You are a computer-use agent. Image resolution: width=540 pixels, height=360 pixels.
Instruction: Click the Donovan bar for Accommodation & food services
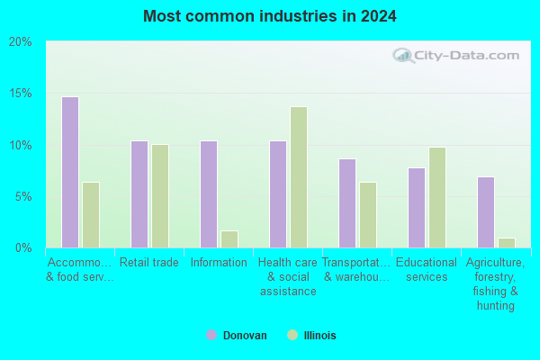[70, 172]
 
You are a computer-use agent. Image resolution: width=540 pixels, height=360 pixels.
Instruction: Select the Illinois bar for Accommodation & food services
[91, 215]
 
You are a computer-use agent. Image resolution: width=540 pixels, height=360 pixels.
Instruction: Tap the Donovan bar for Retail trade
[139, 194]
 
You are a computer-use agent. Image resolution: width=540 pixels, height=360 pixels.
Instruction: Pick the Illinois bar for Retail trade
[160, 196]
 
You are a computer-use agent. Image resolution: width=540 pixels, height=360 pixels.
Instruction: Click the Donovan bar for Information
[209, 194]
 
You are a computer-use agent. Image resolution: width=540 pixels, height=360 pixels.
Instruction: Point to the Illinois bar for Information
[229, 239]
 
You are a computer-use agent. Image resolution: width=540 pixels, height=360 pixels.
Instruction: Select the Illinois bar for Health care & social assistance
[299, 177]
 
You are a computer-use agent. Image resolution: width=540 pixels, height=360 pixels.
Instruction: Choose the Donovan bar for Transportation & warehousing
[347, 203]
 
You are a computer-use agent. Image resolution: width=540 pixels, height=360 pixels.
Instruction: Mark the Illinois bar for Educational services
[437, 197]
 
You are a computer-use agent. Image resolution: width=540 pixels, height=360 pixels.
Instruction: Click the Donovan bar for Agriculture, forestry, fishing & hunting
[486, 212]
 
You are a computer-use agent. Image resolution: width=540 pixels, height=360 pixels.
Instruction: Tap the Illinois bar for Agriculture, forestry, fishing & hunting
[507, 243]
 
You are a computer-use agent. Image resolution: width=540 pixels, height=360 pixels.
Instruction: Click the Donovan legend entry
[237, 335]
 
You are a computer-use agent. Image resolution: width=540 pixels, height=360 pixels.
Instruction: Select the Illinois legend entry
[311, 335]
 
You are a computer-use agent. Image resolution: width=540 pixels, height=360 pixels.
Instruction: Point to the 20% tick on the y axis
[20, 42]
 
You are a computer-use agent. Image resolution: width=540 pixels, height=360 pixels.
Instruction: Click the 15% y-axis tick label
[21, 94]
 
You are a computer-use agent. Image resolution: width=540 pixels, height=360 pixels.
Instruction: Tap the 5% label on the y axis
[23, 197]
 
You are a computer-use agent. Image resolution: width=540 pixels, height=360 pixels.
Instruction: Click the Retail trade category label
[149, 263]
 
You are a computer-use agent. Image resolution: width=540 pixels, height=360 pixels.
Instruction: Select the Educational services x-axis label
[427, 270]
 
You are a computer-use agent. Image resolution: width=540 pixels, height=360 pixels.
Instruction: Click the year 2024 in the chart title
[379, 16]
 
